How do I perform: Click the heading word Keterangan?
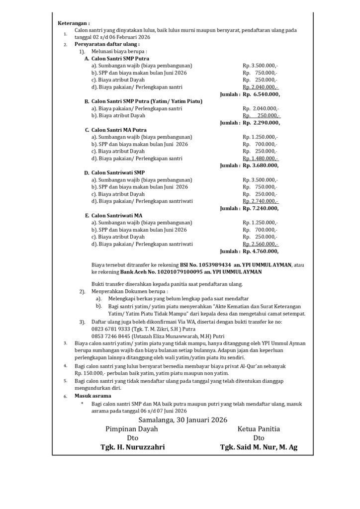coord(73,23)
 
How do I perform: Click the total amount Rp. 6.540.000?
coord(261,94)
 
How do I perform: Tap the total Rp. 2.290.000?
coord(261,122)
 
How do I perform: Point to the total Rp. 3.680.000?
coord(261,166)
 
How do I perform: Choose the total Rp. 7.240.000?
coord(261,208)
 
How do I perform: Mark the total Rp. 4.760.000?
coord(261,252)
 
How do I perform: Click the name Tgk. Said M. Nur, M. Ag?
coord(259,447)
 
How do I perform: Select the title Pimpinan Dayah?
coord(132,428)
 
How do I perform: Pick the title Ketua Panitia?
coord(259,428)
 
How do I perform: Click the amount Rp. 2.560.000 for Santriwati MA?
coord(260,244)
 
